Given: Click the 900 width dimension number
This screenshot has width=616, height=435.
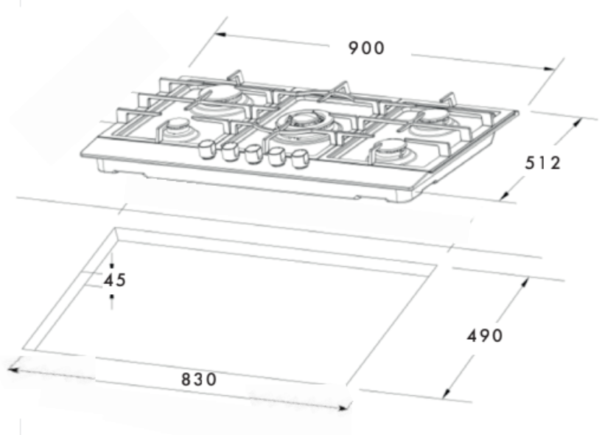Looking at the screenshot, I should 366,49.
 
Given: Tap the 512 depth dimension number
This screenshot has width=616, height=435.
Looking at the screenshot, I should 542,163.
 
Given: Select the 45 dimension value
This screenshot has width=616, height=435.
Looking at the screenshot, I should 114,280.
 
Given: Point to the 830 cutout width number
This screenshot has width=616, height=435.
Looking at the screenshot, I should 199,380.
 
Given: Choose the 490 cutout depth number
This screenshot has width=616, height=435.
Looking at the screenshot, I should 485,335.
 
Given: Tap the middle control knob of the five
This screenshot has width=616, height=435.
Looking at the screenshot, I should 252,152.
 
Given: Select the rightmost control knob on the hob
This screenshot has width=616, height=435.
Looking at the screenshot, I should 298,158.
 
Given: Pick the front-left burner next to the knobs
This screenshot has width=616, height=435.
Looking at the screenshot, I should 177,128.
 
